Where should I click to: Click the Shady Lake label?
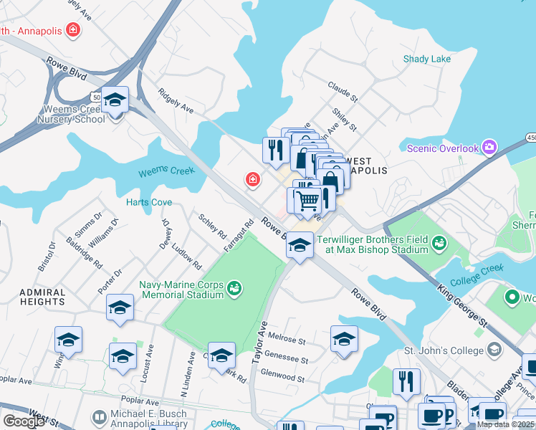[427, 59]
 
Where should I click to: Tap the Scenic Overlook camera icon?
[489, 148]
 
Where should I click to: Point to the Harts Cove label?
[149, 202]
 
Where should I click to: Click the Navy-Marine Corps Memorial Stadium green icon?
[234, 289]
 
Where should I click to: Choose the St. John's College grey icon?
[494, 350]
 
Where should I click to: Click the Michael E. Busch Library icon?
[100, 416]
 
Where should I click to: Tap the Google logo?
[23, 421]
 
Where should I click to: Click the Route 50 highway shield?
[95, 95]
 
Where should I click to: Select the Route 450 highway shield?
[531, 137]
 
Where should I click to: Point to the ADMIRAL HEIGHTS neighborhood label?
[33, 297]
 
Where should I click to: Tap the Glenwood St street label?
[284, 376]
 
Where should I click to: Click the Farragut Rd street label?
[239, 236]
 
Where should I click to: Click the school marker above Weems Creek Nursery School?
[115, 100]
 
